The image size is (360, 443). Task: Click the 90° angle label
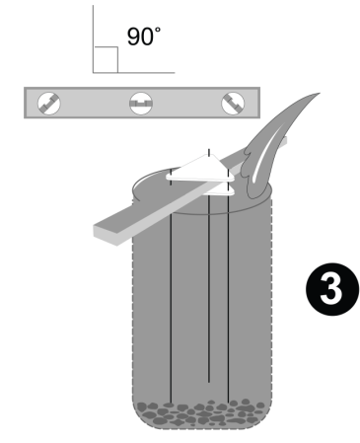(144, 36)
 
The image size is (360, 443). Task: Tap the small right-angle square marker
(106, 59)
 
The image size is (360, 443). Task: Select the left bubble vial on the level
(49, 103)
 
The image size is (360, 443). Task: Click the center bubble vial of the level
(141, 103)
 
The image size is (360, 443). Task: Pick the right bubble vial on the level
(233, 103)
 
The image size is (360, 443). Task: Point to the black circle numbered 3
(332, 289)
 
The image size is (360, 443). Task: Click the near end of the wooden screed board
(106, 233)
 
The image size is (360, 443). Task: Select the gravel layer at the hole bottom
(201, 413)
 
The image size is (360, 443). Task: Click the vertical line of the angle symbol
(93, 38)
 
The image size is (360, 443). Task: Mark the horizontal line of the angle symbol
(134, 72)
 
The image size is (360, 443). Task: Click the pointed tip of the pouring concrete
(320, 94)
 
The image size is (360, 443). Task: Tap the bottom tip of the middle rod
(209, 382)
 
